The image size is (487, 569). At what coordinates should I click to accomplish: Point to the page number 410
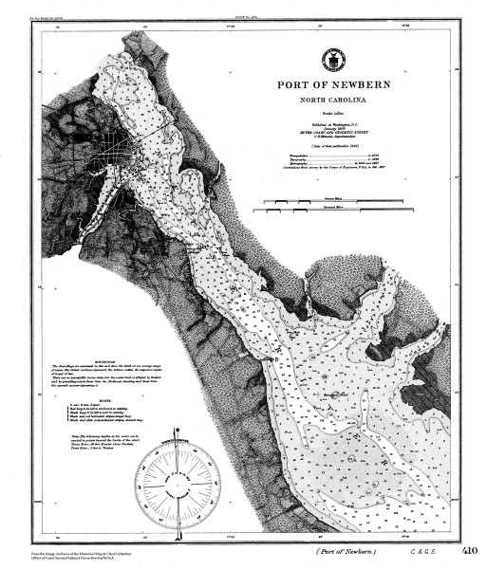pos(472,550)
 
